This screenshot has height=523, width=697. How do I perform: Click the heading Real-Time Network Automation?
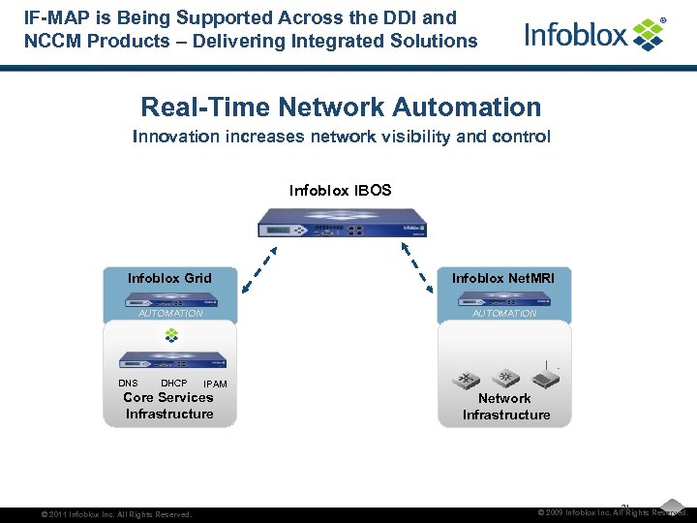341,107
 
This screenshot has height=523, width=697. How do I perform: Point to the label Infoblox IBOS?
340,190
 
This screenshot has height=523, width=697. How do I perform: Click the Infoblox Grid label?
169,278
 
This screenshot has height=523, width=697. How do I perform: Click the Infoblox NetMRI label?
503,278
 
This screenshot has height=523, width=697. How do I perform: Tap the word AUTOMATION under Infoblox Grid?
170,314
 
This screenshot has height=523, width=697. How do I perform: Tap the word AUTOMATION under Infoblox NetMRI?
504,314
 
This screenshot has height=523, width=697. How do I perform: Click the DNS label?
128,384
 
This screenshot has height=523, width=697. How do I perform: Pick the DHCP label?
173,384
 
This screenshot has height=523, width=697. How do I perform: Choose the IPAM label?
215,385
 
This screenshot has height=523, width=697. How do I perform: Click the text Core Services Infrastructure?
168,406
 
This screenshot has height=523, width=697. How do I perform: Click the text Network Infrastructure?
505,407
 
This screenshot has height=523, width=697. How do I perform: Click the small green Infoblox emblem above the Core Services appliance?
171,335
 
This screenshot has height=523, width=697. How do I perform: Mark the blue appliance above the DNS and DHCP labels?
171,360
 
